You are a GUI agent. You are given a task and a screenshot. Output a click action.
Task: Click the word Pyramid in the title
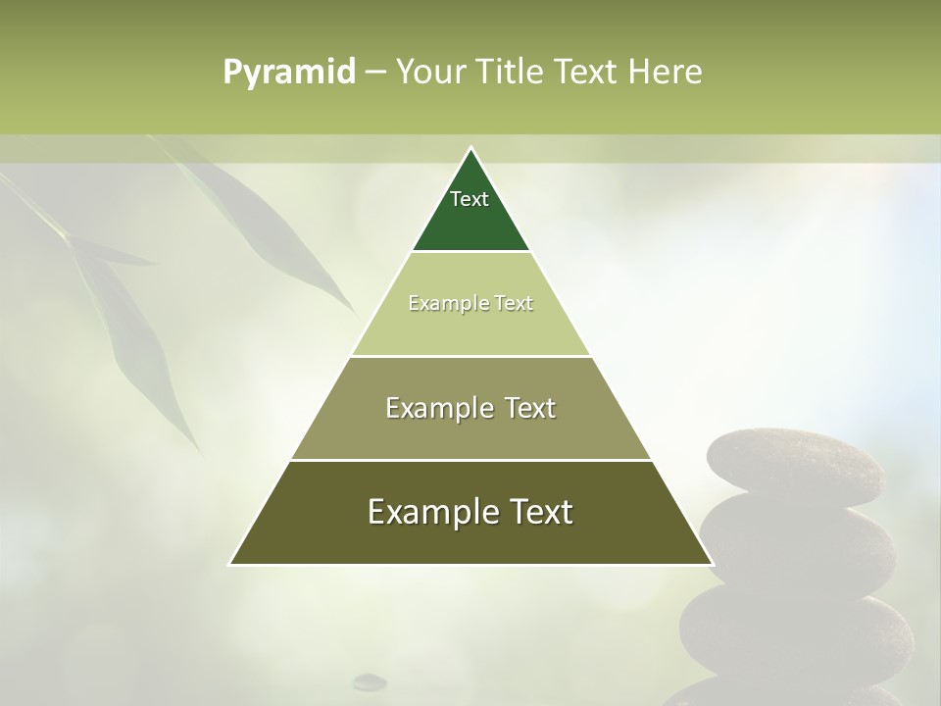[x=288, y=72]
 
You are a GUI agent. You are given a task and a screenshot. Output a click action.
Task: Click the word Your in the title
[x=430, y=72]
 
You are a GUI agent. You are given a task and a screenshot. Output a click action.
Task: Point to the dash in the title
[x=375, y=73]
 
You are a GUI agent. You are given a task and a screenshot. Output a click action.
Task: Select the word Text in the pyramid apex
[x=470, y=199]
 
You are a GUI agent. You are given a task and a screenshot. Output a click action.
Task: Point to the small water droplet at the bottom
[x=370, y=681]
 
